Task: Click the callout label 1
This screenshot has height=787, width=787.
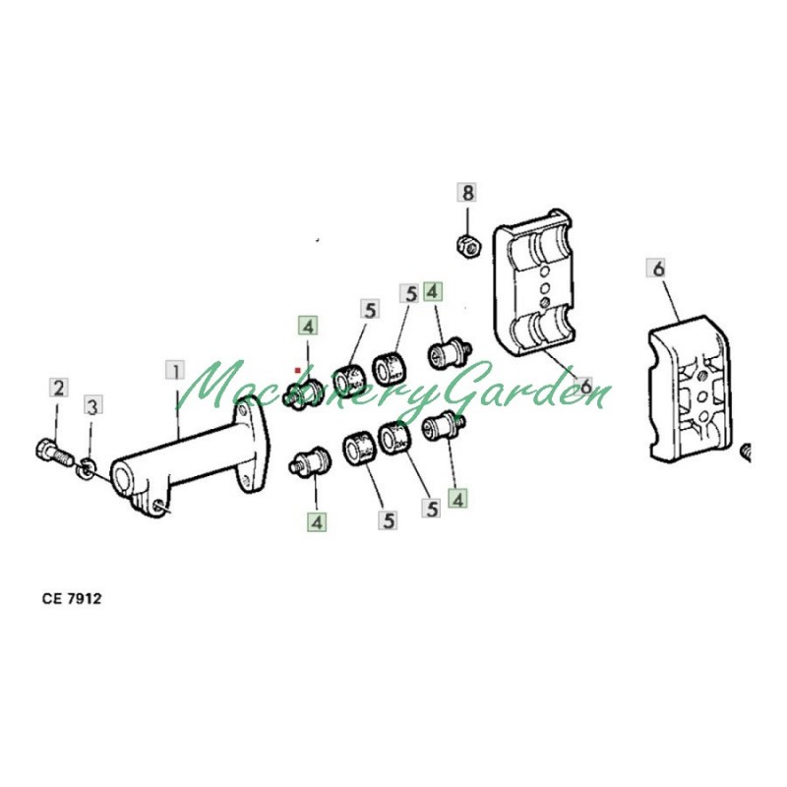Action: (176, 371)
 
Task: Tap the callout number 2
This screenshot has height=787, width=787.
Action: (59, 388)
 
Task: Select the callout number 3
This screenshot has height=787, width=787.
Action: (92, 405)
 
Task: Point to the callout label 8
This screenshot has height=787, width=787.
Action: (466, 192)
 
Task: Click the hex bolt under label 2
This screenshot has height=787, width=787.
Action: (54, 453)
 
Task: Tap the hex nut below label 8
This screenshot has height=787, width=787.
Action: (469, 244)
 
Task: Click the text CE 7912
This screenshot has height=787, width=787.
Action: (72, 599)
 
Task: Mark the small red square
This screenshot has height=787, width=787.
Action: (298, 370)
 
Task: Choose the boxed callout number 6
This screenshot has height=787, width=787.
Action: (658, 268)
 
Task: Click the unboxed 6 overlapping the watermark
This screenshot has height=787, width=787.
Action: (585, 386)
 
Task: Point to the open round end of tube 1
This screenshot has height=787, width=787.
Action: (121, 477)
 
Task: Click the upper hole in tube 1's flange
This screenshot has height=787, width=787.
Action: (243, 410)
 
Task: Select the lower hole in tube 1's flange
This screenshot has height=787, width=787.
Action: (245, 481)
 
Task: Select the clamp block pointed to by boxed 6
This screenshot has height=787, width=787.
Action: (689, 387)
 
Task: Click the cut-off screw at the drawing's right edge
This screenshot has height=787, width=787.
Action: (746, 452)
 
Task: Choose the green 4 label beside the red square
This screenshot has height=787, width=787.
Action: (308, 326)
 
